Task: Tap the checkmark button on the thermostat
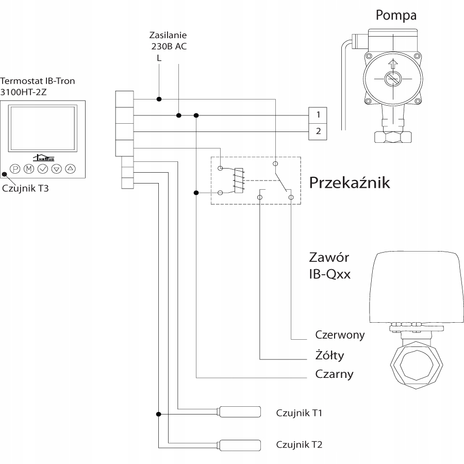pos(43,169)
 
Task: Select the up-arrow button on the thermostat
pos(71,169)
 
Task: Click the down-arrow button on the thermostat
pos(57,169)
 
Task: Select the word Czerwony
pos(340,335)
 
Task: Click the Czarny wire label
pos(334,374)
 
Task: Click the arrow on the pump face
pos(394,65)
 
